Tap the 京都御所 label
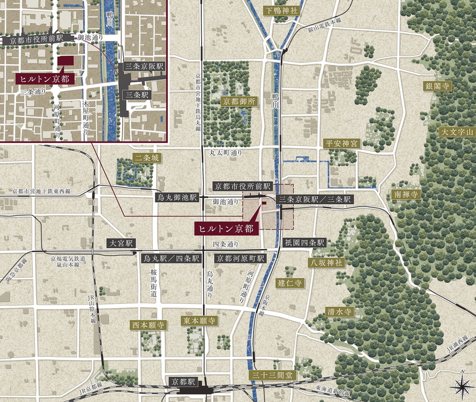(x=239, y=102)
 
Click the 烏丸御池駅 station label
(x=177, y=197)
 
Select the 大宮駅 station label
(x=122, y=243)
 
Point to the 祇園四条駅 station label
(x=304, y=243)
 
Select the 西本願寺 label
(x=148, y=325)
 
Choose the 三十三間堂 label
(x=271, y=375)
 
